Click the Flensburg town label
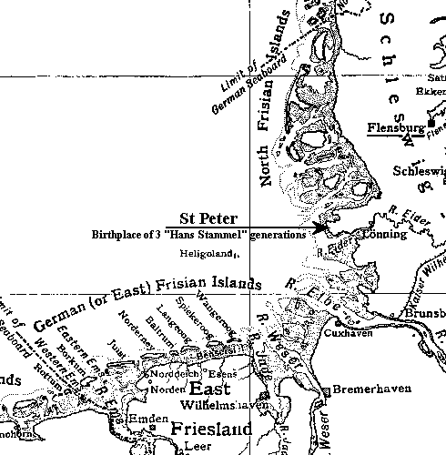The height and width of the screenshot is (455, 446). point(395,128)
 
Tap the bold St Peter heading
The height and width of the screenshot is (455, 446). point(208,218)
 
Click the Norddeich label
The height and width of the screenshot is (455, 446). point(169,374)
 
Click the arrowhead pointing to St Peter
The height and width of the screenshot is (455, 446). point(319,227)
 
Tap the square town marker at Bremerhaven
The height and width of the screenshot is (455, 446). point(325,391)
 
